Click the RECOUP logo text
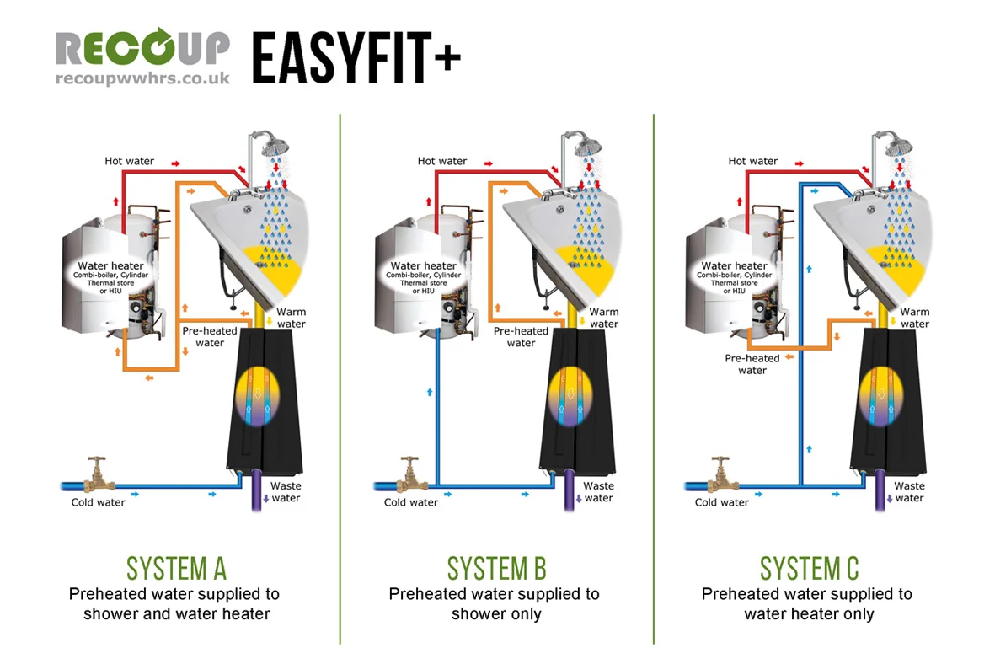[142, 50]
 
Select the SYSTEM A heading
[176, 568]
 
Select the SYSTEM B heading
[496, 568]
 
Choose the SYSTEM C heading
[809, 568]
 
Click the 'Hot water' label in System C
[752, 161]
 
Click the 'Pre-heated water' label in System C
[752, 364]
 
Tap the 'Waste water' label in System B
[598, 491]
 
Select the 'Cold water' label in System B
[411, 502]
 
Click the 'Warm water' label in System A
[292, 318]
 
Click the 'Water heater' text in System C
[734, 266]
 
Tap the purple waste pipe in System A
[258, 493]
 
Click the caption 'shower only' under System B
[496, 614]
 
